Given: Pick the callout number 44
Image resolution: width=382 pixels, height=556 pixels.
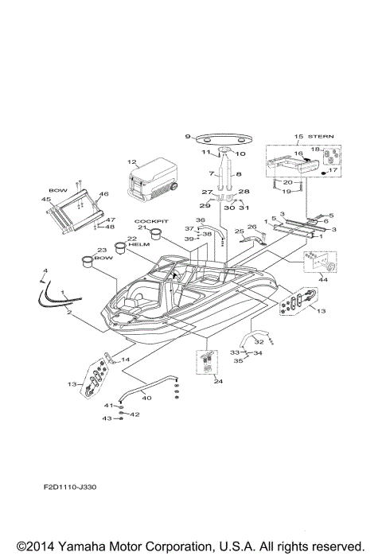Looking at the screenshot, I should [322, 280].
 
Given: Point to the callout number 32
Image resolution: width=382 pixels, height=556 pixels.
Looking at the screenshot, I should [259, 342].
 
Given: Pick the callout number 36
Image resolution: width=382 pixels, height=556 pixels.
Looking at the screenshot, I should [201, 220].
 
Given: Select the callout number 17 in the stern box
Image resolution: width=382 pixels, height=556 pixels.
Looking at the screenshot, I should [333, 169].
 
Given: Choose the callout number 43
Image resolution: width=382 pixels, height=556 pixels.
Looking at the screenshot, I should [107, 419].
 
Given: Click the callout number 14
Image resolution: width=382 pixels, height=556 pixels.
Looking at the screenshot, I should [125, 360].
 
